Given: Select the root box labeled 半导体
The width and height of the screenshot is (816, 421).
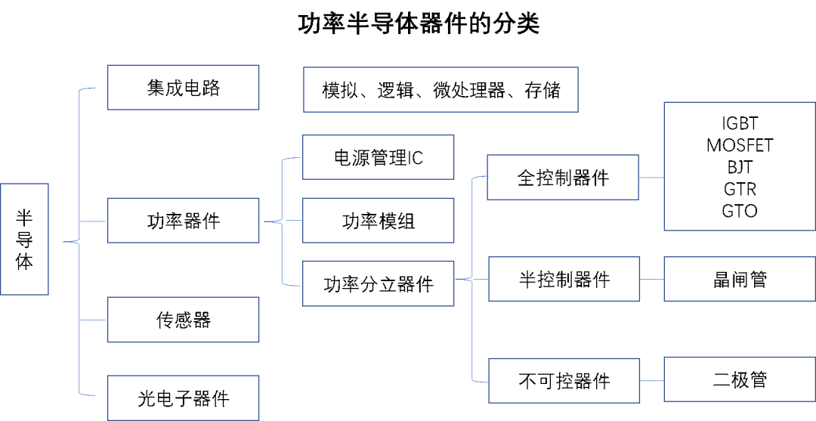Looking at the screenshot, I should point(24,240).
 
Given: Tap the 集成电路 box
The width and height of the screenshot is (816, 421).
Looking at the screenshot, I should point(183,88).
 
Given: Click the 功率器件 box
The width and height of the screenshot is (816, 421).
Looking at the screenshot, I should point(183,221).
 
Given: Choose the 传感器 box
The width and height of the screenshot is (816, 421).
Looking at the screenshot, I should point(183,320).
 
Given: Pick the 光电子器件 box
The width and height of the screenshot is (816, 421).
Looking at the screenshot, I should point(183,398).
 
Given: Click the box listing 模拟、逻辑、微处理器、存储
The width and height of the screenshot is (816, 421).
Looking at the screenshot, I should point(440,91).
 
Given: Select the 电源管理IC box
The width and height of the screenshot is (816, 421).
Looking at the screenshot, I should point(378,157).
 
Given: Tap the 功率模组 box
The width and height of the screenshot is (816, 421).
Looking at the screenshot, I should point(378,221).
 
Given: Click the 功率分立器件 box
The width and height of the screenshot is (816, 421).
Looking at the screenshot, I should point(378,284).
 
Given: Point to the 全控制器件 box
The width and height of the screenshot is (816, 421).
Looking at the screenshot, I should point(563,178).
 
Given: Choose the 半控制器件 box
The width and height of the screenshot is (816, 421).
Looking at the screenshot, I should point(564,279).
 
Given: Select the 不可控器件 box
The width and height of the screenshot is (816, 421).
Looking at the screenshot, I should point(564,380).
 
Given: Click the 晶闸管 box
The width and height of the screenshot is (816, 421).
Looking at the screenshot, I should point(740,279).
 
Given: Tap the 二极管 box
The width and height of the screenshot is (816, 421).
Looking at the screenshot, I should point(740,379).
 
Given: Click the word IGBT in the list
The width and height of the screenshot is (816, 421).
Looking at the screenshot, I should point(740,123).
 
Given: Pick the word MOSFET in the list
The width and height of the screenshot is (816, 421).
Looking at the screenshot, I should point(740,145).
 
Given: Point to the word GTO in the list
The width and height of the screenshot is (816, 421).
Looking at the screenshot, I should point(740,211).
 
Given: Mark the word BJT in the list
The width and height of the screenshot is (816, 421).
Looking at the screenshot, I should point(740,167).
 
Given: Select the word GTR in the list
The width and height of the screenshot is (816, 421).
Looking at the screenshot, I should point(740,189).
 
